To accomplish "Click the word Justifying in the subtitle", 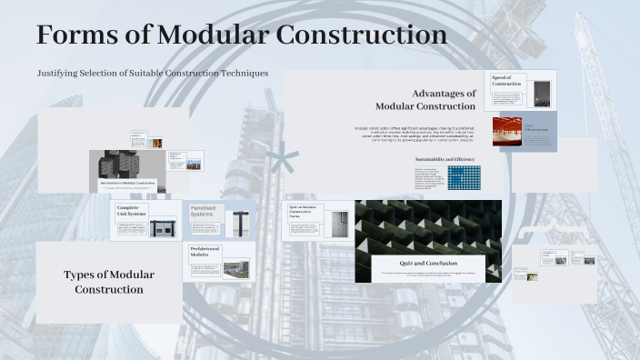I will coord(59,72).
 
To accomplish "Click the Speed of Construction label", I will coord(506,81).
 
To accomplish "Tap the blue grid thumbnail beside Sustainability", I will coord(463,177).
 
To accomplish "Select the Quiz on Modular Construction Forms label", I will coord(302,213).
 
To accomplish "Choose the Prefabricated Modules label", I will coord(205,252).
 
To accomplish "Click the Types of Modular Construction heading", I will coord(109,282).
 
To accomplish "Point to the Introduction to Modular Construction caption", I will coord(128,184).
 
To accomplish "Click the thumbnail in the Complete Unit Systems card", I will coord(164,226).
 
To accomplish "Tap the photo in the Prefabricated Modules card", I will coord(235,268).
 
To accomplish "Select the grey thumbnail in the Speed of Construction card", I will coord(541,92).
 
